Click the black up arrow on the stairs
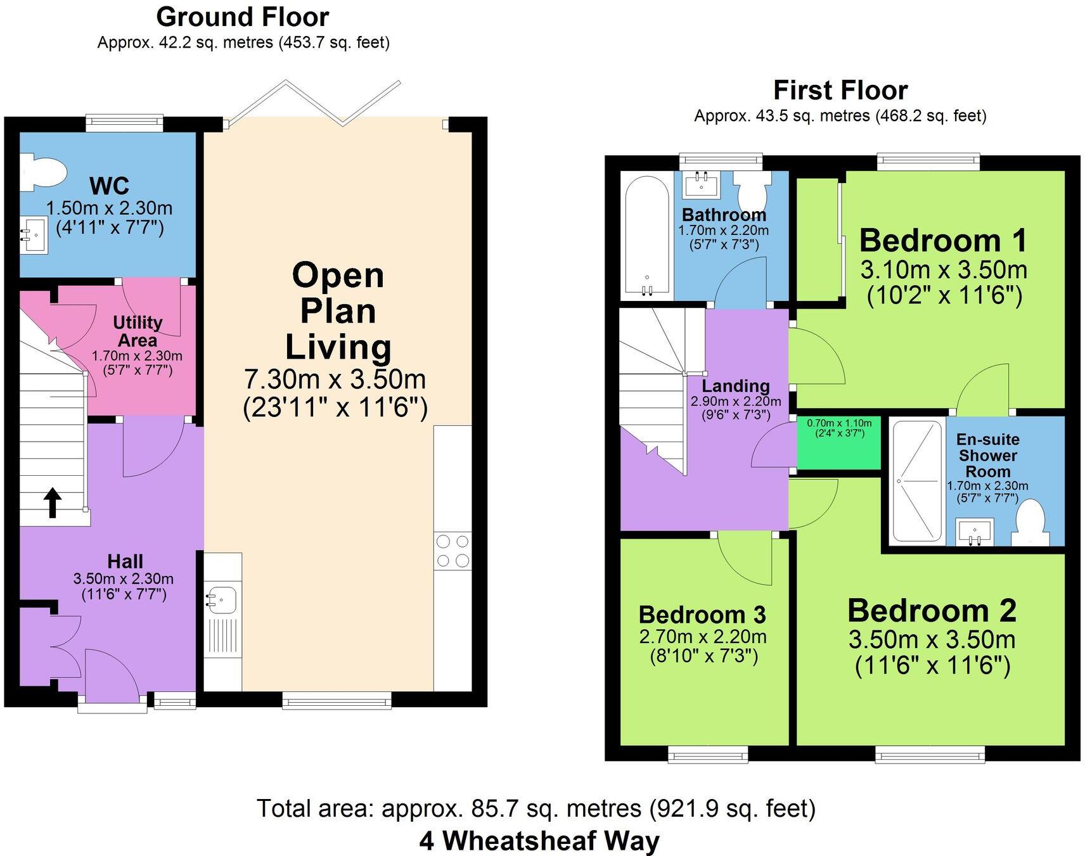point(53,502)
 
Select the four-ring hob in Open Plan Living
point(453,551)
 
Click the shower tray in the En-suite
point(916,482)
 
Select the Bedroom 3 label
point(702,615)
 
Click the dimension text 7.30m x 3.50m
point(335,380)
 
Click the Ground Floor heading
point(242,17)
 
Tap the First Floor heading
point(840,90)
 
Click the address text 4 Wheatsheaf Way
point(539,841)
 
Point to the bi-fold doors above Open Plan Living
point(315,101)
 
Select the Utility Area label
point(138,330)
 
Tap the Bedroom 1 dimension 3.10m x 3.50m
point(943,271)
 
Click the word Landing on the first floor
point(735,385)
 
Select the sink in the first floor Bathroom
point(702,183)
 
